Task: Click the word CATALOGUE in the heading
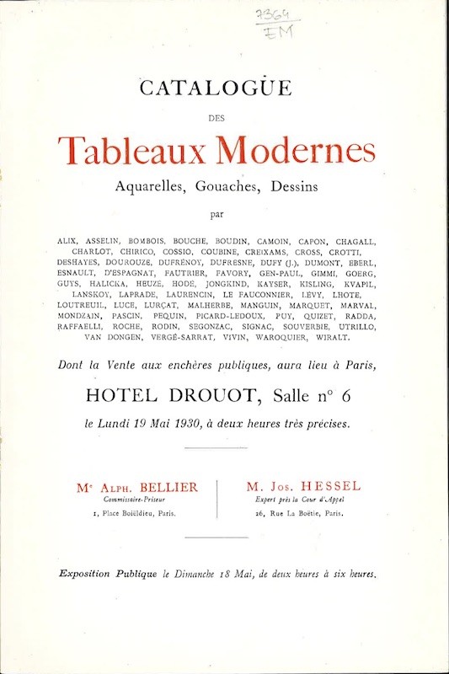click(224, 87)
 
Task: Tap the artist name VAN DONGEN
click(115, 338)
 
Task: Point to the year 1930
click(176, 424)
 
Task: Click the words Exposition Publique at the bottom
click(108, 575)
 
